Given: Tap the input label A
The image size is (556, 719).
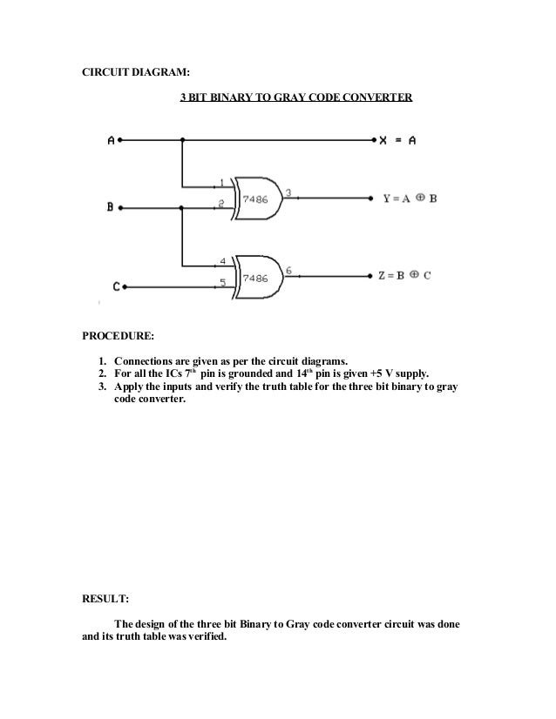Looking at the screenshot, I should tap(111, 139).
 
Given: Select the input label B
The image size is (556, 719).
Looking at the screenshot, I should tap(110, 207).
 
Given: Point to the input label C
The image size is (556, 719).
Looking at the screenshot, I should tap(116, 285).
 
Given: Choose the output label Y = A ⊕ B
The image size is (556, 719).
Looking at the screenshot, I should tap(410, 198).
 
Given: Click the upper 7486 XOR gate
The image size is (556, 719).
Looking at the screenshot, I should tap(256, 198).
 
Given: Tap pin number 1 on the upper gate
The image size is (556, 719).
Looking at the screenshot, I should tap(222, 182).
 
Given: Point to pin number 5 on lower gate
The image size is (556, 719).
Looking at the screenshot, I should tap(222, 281).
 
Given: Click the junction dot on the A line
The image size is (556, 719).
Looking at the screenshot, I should tap(182, 139).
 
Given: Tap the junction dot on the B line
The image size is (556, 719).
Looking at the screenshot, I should tap(182, 207).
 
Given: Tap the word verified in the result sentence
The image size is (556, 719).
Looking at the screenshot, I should tap(199, 636).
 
